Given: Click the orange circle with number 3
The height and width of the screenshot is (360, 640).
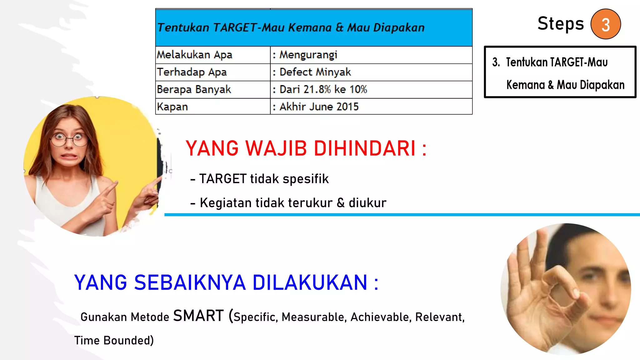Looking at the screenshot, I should [x=605, y=24].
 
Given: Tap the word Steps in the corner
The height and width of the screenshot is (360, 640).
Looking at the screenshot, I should [x=561, y=24].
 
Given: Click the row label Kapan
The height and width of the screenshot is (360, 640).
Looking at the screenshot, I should [x=172, y=107].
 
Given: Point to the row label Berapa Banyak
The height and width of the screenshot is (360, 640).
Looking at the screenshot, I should [x=194, y=90].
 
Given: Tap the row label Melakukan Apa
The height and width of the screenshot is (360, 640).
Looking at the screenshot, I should [x=194, y=55].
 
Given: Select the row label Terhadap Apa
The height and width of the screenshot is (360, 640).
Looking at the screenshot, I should [x=192, y=72].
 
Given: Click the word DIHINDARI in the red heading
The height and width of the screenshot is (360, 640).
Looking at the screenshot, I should [x=364, y=148].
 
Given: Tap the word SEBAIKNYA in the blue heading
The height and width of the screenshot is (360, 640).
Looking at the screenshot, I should [x=190, y=283].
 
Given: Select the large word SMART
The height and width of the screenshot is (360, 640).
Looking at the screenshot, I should [x=198, y=316].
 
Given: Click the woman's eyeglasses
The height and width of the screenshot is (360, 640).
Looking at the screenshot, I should [x=69, y=139].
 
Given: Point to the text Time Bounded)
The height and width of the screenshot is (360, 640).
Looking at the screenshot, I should [x=114, y=341].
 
